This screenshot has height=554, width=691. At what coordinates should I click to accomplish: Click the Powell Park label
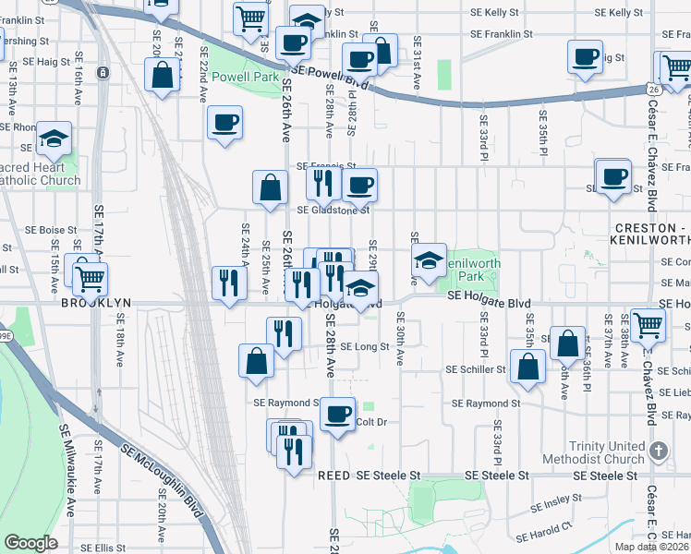[x=245, y=78]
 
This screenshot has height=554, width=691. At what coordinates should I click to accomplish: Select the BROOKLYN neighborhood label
[x=98, y=303]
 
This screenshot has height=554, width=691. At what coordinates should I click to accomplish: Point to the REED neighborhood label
[x=333, y=475]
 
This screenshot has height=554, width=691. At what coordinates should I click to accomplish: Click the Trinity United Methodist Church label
[x=607, y=452]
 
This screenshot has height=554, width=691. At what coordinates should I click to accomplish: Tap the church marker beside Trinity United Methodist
[x=658, y=452]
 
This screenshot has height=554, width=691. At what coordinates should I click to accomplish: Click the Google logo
[x=30, y=542]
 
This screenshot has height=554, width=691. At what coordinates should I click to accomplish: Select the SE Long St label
[x=364, y=347]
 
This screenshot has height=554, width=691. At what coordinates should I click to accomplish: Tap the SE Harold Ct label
[x=546, y=532]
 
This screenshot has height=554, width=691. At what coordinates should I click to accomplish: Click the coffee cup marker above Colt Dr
[x=338, y=412]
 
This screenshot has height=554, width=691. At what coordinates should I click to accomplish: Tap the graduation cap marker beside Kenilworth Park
[x=430, y=260]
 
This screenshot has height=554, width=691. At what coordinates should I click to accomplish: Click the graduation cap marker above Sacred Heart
[x=54, y=138]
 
